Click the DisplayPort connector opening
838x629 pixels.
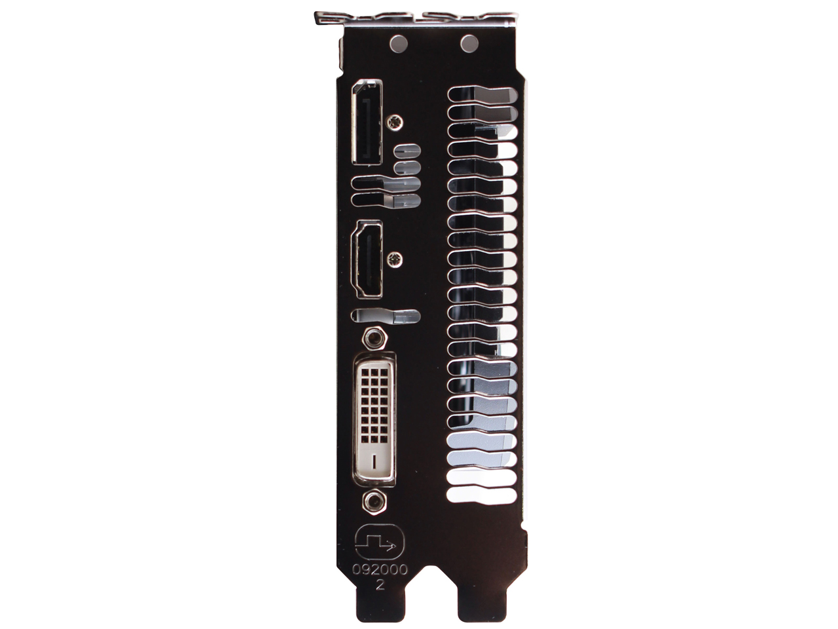367,123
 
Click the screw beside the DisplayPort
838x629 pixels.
395,122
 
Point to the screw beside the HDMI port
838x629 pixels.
395,259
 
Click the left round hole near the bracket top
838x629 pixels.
399,43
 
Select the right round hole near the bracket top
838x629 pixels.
469,43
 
